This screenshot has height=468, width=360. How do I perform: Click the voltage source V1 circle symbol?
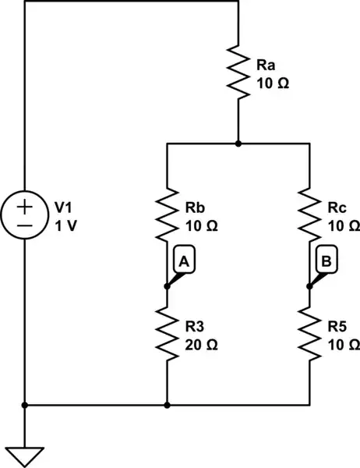pyautogui.click(x=25, y=216)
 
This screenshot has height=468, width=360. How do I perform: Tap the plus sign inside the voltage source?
pyautogui.click(x=25, y=207)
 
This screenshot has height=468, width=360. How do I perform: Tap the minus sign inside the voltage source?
pyautogui.click(x=25, y=225)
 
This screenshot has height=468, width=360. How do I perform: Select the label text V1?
pyautogui.click(x=62, y=208)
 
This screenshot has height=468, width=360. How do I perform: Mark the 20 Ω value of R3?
pyautogui.click(x=201, y=342)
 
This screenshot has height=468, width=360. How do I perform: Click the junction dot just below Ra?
pyautogui.click(x=238, y=144)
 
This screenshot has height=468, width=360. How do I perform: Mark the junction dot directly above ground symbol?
pyautogui.click(x=25, y=406)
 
